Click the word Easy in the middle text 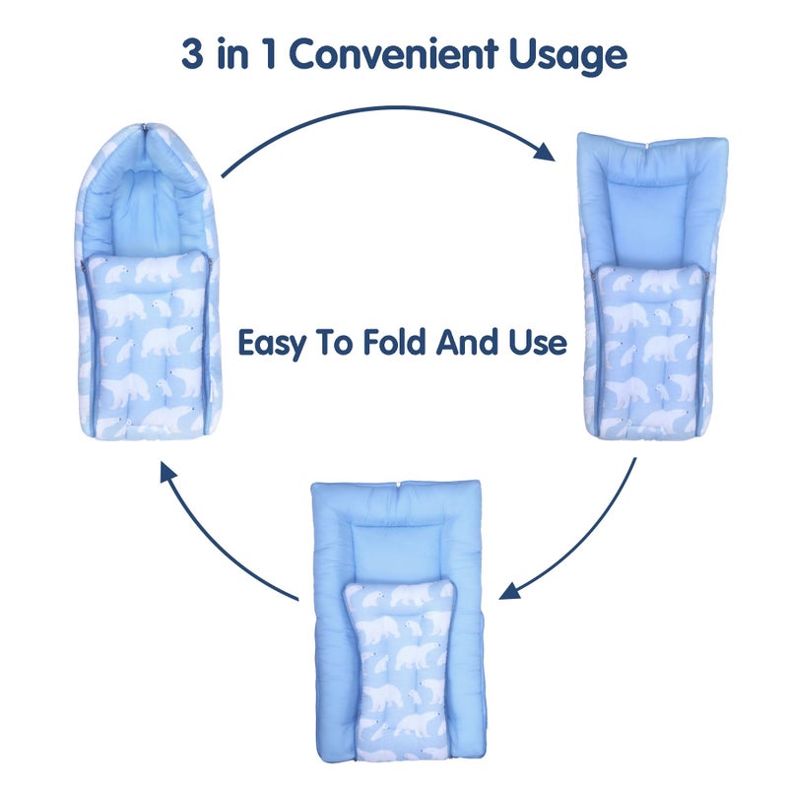271,343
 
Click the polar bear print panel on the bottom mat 399,660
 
